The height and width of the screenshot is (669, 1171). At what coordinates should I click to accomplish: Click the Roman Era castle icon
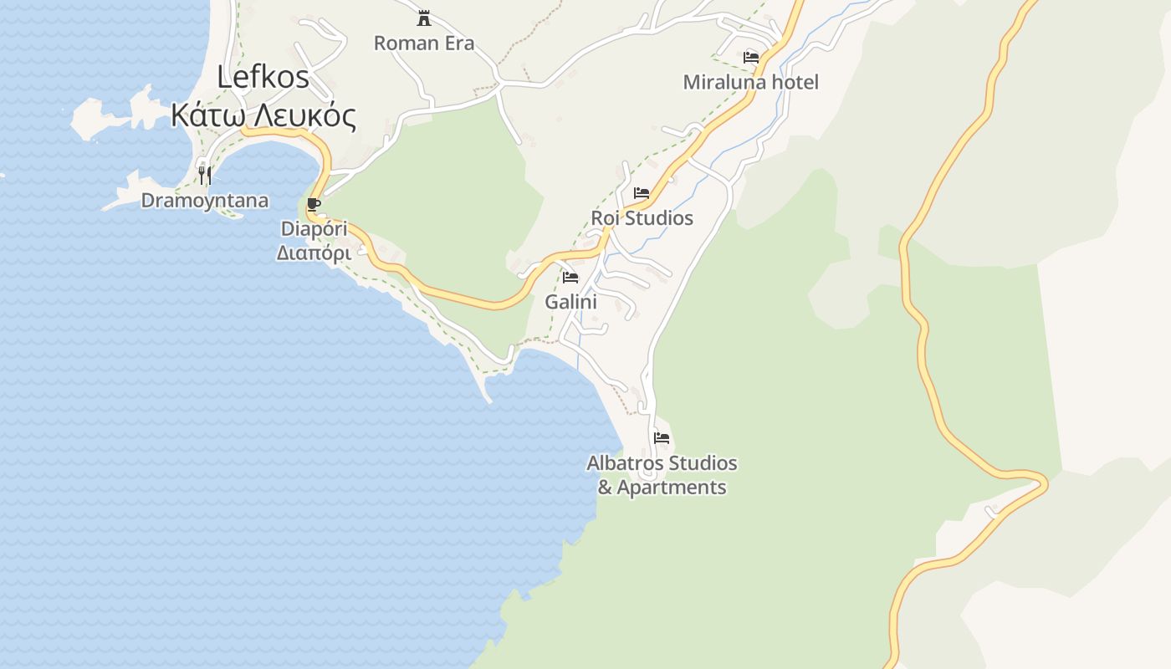pyautogui.click(x=424, y=18)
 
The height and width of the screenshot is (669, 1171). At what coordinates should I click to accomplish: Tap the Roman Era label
pyautogui.click(x=424, y=43)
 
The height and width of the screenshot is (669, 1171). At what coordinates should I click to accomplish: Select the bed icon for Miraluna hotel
pyautogui.click(x=751, y=58)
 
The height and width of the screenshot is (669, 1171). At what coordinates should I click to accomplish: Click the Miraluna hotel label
pyautogui.click(x=751, y=82)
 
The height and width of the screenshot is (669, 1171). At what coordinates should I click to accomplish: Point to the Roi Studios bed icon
pyautogui.click(x=642, y=193)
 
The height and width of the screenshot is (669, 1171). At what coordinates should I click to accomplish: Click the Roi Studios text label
pyautogui.click(x=642, y=217)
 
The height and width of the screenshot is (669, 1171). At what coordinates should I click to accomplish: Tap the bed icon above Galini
pyautogui.click(x=570, y=278)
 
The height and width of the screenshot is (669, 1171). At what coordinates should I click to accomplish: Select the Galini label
pyautogui.click(x=571, y=301)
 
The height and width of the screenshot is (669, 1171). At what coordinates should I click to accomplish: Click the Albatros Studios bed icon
pyautogui.click(x=662, y=438)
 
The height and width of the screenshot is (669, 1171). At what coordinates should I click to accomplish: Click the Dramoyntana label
pyautogui.click(x=205, y=200)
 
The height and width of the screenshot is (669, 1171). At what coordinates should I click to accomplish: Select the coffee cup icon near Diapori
pyautogui.click(x=314, y=204)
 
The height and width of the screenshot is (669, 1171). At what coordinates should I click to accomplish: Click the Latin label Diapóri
pyautogui.click(x=314, y=228)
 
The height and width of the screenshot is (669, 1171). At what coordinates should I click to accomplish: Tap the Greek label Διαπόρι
pyautogui.click(x=314, y=252)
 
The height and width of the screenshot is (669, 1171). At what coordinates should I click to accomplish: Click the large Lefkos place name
pyautogui.click(x=263, y=77)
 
